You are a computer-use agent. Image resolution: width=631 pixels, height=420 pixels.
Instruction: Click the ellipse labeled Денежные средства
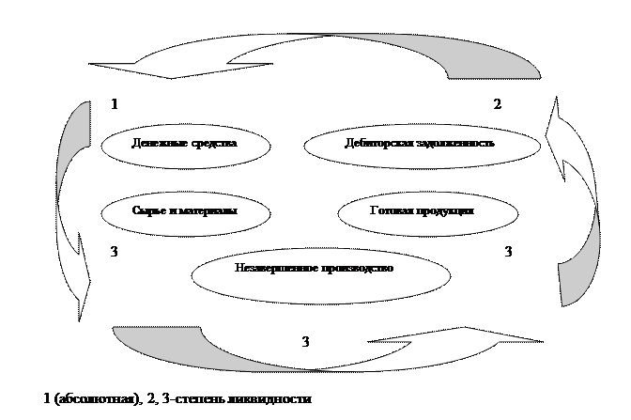pyautogui.click(x=184, y=145)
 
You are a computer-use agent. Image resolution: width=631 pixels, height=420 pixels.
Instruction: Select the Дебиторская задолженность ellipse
pyautogui.click(x=422, y=145)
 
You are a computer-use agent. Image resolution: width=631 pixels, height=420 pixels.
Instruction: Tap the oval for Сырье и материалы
pyautogui.click(x=184, y=211)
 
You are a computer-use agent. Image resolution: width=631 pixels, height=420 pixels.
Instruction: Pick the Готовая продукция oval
pyautogui.click(x=422, y=211)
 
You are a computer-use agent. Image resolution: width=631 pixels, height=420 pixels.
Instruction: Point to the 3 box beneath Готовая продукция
pyautogui.click(x=509, y=252)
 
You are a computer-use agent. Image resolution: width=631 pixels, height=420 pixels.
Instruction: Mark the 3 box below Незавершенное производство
pyautogui.click(x=306, y=342)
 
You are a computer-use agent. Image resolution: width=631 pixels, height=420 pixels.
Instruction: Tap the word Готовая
pyautogui.click(x=392, y=211)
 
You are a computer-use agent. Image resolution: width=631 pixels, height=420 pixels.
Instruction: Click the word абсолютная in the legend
pyautogui.click(x=91, y=400)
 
